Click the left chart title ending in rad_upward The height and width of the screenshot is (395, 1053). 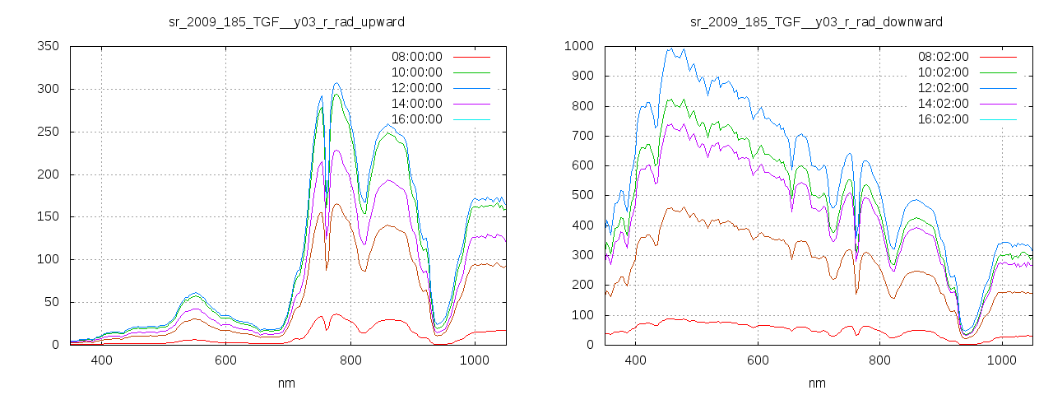coord(287,21)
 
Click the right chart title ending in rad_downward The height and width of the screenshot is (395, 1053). coord(816,21)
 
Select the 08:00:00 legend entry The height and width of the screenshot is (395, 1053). coord(416,58)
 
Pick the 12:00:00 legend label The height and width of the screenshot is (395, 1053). coord(416,88)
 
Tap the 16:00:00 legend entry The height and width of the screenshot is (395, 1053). coord(416,119)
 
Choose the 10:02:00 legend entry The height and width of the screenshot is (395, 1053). coord(944,73)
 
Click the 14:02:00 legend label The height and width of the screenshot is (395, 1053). coord(944,104)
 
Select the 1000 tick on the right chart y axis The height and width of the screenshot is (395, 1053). coord(579,46)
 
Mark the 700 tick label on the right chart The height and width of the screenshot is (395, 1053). coord(582,136)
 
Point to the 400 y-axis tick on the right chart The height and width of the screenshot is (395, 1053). coord(582,225)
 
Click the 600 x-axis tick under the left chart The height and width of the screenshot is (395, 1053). coord(225,360)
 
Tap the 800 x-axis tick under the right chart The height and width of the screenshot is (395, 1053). coord(880,360)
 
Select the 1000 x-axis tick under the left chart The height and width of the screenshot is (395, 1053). coord(474,360)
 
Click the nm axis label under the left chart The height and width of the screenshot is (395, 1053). coord(287,383)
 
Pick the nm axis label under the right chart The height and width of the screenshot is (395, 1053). coord(816,383)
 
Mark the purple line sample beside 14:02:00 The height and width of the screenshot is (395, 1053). coord(1000,104)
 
